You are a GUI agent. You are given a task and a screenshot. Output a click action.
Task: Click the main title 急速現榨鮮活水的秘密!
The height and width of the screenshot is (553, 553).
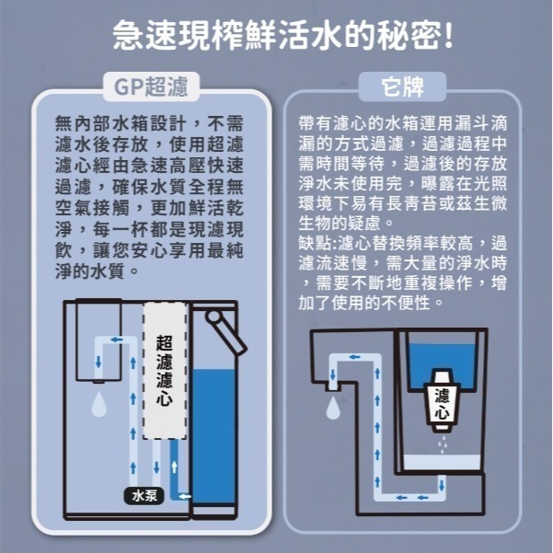click(x=276, y=38)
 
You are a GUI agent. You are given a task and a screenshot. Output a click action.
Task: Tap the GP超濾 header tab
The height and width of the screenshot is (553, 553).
click(x=151, y=87)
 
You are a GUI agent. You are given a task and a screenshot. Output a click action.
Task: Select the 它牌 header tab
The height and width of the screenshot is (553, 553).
click(x=401, y=87)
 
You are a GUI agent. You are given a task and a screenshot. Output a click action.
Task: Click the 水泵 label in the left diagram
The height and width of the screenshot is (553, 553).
click(x=144, y=496)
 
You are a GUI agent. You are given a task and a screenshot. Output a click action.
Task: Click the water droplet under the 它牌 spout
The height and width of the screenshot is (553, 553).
click(x=328, y=407)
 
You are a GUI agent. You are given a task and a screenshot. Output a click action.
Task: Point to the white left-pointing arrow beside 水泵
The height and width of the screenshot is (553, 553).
click(x=180, y=496)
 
